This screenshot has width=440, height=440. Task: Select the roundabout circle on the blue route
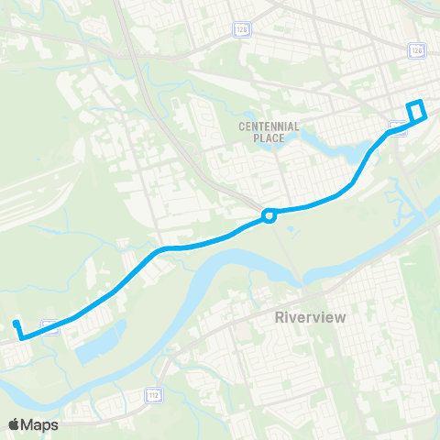(x=269, y=216)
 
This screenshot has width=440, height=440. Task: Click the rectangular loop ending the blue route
(x=417, y=110)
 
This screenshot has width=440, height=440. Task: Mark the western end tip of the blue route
(x=16, y=322)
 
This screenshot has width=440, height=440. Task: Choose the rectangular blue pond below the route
(x=98, y=344)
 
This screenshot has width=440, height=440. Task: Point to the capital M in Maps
(x=30, y=424)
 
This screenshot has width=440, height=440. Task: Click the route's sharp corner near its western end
(x=22, y=338)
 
